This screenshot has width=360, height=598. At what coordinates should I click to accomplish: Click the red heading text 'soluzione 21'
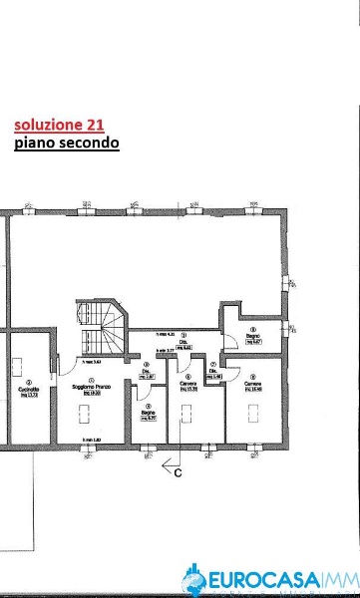(59, 125)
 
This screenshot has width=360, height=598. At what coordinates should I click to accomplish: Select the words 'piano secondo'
(67, 144)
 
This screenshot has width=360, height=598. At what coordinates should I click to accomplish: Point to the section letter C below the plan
(178, 473)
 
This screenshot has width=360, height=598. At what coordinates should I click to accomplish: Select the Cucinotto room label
(30, 389)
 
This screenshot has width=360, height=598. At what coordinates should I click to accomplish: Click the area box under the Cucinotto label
(30, 396)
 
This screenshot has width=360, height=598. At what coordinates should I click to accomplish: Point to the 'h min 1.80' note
(92, 440)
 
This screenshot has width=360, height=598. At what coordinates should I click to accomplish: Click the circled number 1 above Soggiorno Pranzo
(91, 380)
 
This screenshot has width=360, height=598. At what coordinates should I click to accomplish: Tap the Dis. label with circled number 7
(214, 371)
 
